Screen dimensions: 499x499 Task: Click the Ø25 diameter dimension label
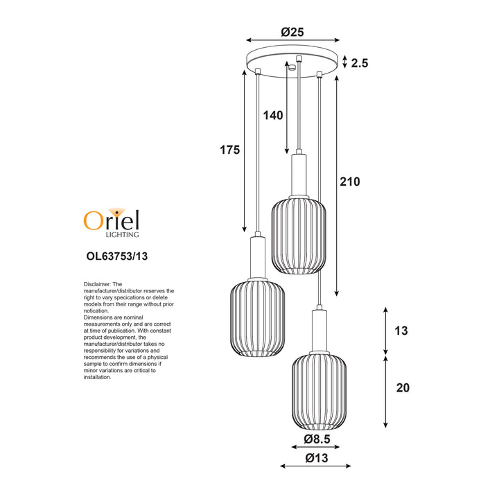coord(292,32)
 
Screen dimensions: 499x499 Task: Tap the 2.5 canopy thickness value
coord(359,63)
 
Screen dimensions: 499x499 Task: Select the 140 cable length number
coord(273,115)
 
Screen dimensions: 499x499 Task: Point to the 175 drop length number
coord(230,150)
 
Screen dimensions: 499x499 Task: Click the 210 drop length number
coord(350,182)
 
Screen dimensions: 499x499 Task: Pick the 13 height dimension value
coord(401,331)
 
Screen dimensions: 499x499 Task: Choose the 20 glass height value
coord(403,387)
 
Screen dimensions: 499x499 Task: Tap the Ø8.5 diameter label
coord(317,439)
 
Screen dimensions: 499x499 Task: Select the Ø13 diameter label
coord(316,458)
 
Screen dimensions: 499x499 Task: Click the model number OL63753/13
coord(117,256)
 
